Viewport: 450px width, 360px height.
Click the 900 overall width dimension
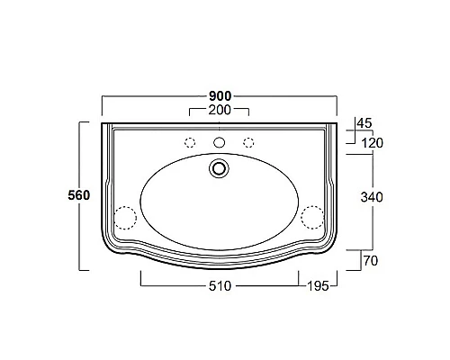(220, 96)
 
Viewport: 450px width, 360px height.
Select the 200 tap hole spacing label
(220, 110)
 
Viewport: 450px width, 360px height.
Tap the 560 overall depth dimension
(79, 195)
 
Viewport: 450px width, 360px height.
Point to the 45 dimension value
(364, 123)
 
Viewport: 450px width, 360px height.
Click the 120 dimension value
(372, 143)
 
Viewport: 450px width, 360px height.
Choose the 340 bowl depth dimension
(372, 197)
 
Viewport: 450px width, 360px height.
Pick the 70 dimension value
(371, 261)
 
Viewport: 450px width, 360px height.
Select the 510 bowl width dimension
(220, 286)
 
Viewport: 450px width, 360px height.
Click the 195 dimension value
(319, 286)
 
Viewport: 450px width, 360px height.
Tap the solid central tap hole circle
(220, 142)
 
